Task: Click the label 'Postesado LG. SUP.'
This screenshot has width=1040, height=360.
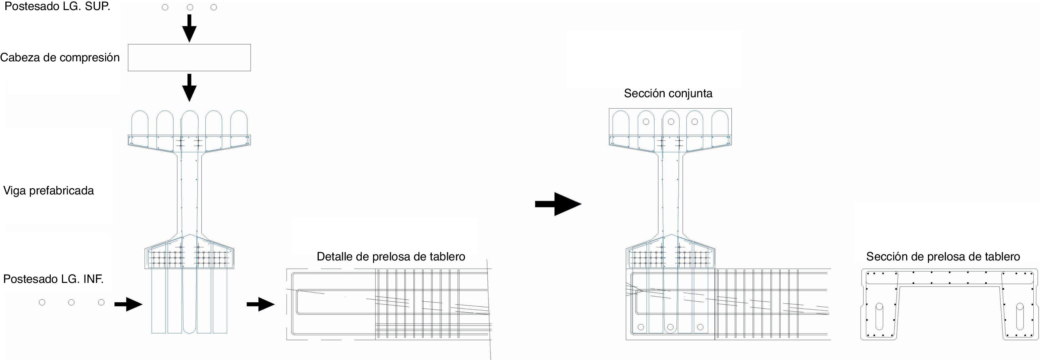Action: pos(57,7)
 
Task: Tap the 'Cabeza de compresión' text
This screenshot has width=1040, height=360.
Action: pos(60,58)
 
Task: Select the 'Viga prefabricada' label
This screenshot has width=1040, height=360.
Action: pos(48,190)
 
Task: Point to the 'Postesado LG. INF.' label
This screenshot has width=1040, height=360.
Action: pos(53,279)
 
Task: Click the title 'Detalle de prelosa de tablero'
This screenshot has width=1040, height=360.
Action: pos(391,257)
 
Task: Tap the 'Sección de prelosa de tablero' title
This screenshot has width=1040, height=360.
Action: pos(943,257)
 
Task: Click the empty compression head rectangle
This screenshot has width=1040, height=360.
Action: pos(189,58)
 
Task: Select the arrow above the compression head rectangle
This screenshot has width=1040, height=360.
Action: pos(189,28)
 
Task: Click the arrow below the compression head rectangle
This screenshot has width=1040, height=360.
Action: pos(189,87)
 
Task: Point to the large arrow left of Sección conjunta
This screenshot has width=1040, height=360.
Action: pos(558,204)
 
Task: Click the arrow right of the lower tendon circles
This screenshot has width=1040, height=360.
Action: pos(128,304)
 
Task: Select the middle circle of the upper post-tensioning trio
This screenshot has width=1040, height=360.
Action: pos(190,7)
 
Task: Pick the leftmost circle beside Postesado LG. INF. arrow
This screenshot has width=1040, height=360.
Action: pos(42,302)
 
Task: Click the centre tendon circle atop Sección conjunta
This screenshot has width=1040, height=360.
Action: pos(671,121)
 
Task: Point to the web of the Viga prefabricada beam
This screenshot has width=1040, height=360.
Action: pos(189,194)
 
